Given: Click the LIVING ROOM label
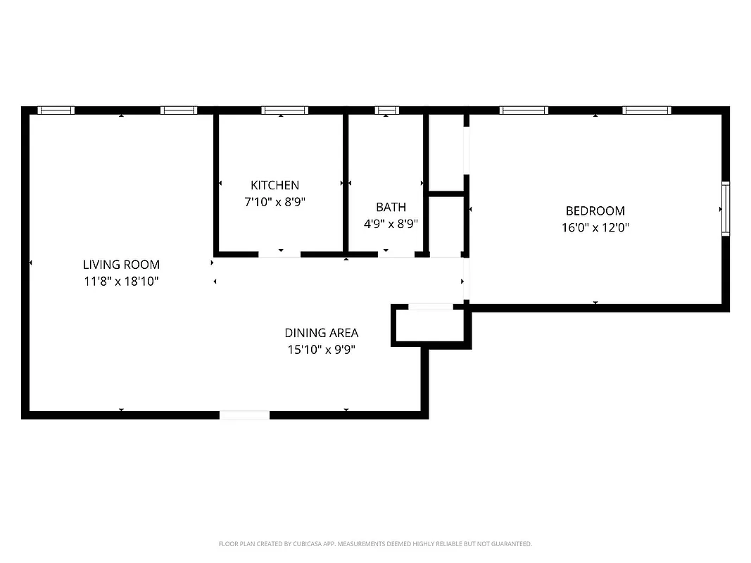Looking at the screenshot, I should tap(121, 265).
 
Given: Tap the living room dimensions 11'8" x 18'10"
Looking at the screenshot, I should tap(121, 281).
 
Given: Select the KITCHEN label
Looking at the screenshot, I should tap(274, 185).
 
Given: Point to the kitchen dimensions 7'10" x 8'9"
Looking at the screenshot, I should tap(274, 202).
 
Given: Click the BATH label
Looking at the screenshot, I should tap(391, 207).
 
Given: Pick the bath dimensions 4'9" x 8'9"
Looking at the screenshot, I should tap(391, 224).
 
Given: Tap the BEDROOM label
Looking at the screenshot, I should tap(595, 210).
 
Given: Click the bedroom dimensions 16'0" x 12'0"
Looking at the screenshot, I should tap(595, 227).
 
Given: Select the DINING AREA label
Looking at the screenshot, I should tap(321, 333).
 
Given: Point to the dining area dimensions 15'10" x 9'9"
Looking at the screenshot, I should tap(321, 350).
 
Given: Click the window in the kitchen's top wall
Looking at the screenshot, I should tap(284, 110).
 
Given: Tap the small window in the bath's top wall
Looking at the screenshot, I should tap(386, 110).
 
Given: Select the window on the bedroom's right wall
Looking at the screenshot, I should tap(725, 208).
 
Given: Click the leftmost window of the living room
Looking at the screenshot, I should tap(56, 110).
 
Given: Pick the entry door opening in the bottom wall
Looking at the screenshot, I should tap(244, 415).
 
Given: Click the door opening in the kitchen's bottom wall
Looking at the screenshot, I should tap(279, 253).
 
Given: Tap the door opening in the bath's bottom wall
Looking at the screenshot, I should tap(396, 253).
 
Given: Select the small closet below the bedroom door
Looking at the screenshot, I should tap(431, 326).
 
